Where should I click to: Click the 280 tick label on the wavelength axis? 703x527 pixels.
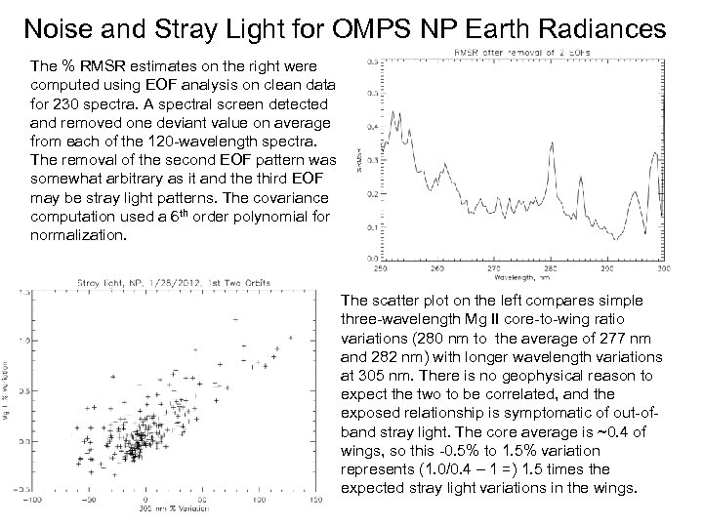pos(549,267)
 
